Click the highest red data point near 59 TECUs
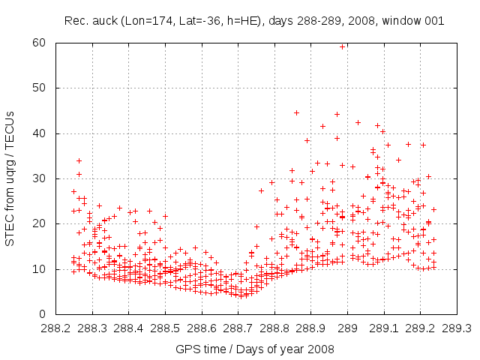[x=343, y=46]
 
